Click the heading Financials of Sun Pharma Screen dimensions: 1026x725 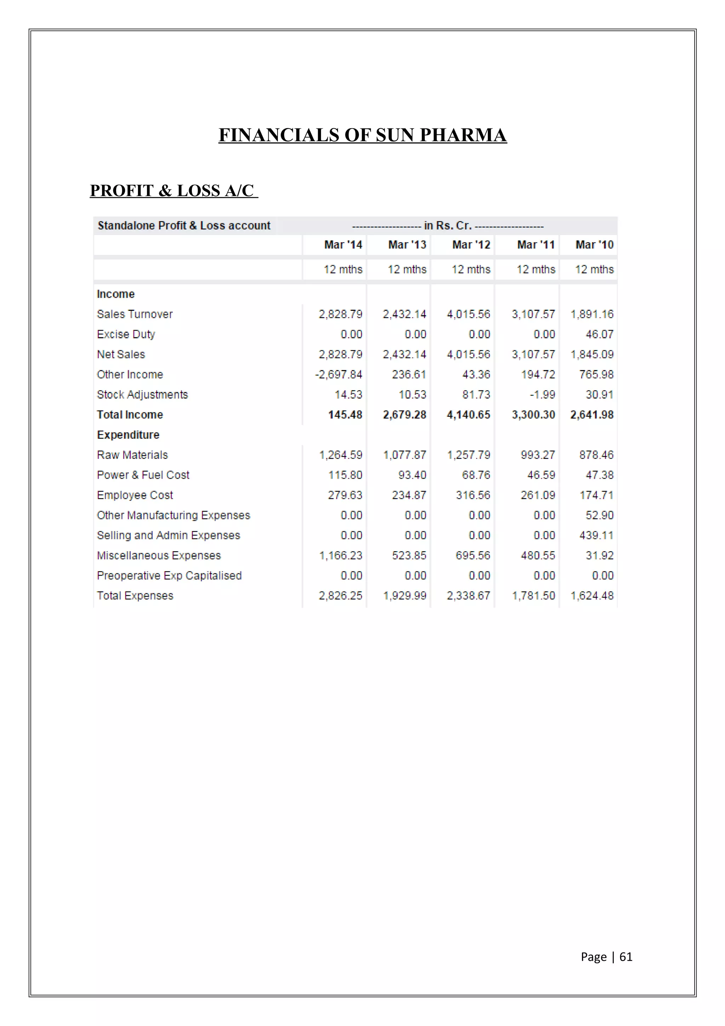[x=362, y=135]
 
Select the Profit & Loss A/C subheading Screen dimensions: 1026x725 [x=173, y=190]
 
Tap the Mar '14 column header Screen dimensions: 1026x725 [x=343, y=245]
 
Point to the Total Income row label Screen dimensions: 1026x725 [x=130, y=415]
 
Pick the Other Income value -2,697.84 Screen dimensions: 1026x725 [x=338, y=375]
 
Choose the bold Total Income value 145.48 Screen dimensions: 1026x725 [x=345, y=415]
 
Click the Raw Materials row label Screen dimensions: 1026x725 [x=132, y=455]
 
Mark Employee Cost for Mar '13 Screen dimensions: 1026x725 [x=409, y=495]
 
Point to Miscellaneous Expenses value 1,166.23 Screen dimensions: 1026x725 [x=341, y=555]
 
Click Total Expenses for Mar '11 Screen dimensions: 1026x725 [x=533, y=596]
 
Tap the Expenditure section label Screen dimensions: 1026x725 [x=128, y=435]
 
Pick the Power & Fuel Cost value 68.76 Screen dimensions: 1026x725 [x=476, y=475]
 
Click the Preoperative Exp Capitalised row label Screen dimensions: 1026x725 [x=169, y=576]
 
